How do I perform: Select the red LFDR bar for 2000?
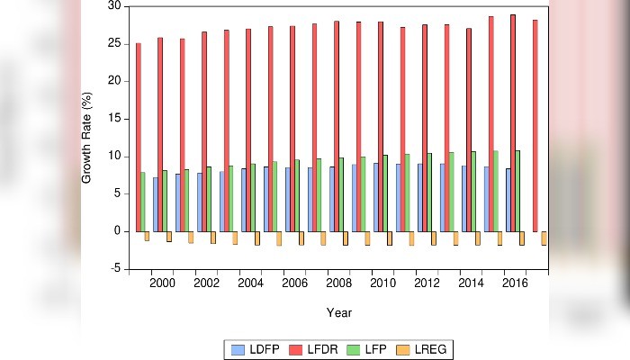tap(160, 134)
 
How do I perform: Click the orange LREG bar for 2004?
tap(256, 238)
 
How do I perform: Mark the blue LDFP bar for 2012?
tap(420, 197)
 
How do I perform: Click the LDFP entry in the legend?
tap(257, 348)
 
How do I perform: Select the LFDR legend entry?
tap(312, 348)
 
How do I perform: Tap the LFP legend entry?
tap(365, 348)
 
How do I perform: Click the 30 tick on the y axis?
tap(114, 5)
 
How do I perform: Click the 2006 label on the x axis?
tap(294, 283)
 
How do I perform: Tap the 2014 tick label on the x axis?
tap(471, 283)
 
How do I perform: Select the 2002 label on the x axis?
tap(206, 283)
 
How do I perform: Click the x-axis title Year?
tap(339, 312)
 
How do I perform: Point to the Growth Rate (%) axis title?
tap(87, 138)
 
